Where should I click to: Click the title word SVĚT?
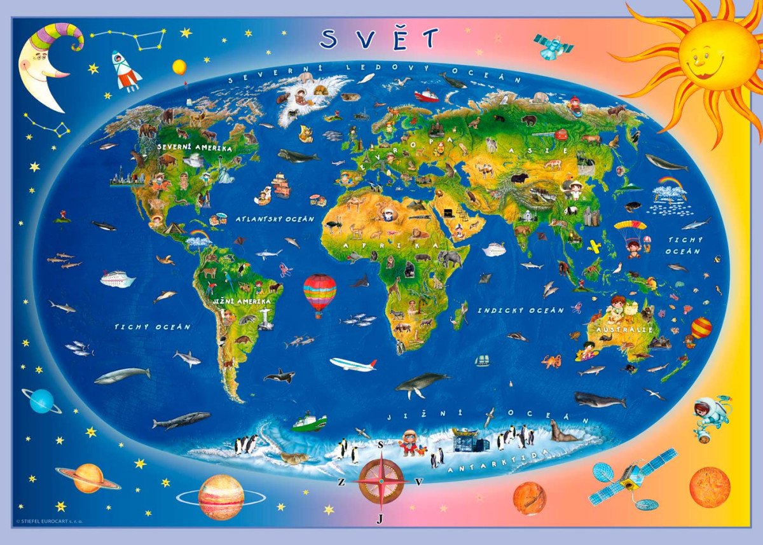pyautogui.click(x=380, y=39)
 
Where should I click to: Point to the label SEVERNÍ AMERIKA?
pyautogui.click(x=195, y=148)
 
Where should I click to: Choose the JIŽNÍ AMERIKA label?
pyautogui.click(x=238, y=301)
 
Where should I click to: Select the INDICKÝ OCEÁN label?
pyautogui.click(x=521, y=310)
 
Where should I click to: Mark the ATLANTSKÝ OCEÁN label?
pyautogui.click(x=275, y=219)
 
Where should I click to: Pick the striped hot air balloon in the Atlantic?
pyautogui.click(x=320, y=292)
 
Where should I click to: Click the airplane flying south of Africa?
pyautogui.click(x=354, y=364)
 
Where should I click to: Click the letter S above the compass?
pyautogui.click(x=380, y=445)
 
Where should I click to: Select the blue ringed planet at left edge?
pyautogui.click(x=42, y=401)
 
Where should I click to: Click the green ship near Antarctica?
pyautogui.click(x=310, y=421)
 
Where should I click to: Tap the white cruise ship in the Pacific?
pyautogui.click(x=118, y=279)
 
